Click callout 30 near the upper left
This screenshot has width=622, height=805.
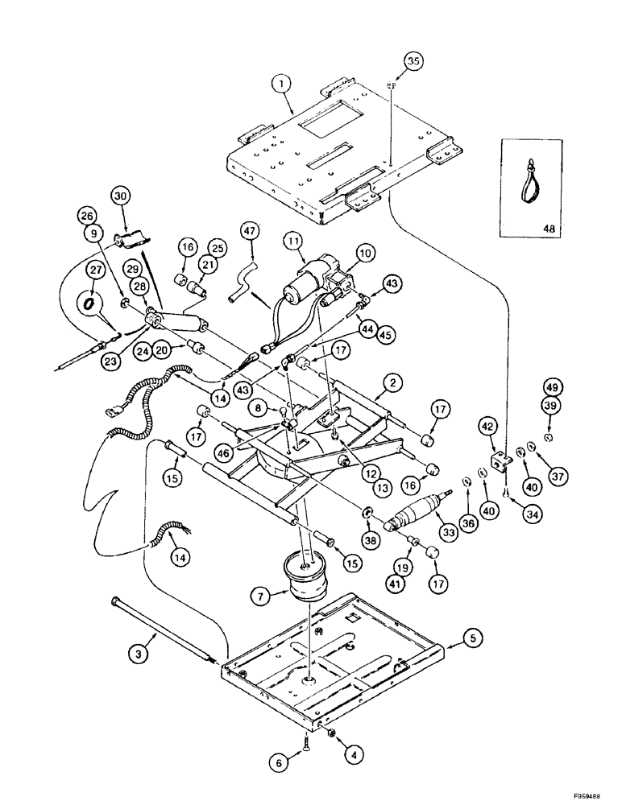pyautogui.click(x=121, y=196)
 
